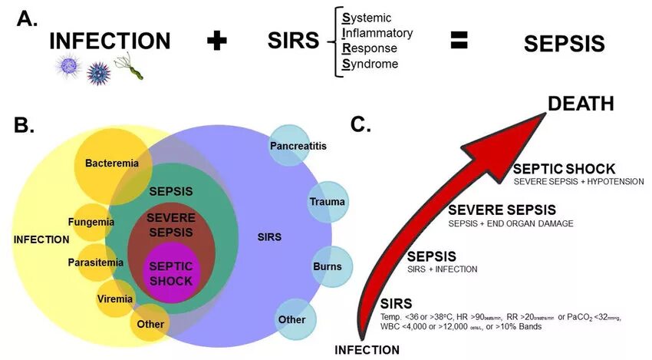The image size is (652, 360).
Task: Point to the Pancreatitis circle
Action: click(x=289, y=144)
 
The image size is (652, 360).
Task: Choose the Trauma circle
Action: click(x=328, y=202)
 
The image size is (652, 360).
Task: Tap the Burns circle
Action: click(x=328, y=266)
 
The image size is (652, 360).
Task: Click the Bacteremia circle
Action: click(x=106, y=163)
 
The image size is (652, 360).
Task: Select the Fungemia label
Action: click(x=91, y=222)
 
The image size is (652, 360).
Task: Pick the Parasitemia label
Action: click(x=91, y=262)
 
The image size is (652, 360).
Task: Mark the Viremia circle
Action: click(x=114, y=299)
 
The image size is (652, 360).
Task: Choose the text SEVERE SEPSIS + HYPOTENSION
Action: click(x=578, y=182)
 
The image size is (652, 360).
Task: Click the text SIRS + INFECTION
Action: click(x=442, y=269)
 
